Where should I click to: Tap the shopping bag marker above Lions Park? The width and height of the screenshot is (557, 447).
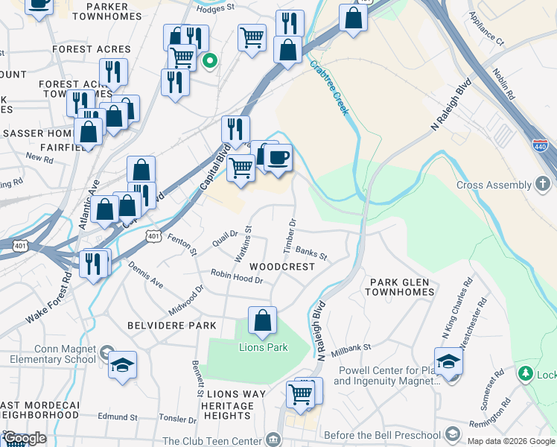click(x=262, y=321)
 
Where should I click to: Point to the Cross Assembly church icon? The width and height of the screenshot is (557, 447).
click(x=544, y=185)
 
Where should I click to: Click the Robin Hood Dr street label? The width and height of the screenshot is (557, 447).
click(x=238, y=276)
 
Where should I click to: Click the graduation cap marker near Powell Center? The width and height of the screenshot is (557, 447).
click(x=449, y=362)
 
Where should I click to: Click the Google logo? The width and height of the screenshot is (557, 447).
click(x=25, y=438)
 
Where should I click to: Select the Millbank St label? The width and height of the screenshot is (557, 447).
click(x=351, y=347)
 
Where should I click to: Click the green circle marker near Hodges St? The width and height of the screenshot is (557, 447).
click(x=210, y=62)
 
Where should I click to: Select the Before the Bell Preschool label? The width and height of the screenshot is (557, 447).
click(x=379, y=435)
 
